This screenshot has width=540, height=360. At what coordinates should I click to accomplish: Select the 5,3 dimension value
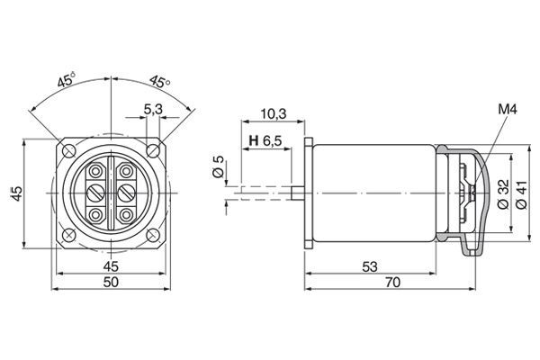coord(153,111)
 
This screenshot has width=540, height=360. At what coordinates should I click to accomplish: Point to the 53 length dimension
coord(370,266)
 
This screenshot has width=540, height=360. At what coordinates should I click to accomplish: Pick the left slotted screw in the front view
coord(94,193)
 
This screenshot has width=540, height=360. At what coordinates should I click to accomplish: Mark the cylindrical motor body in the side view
coord(373,192)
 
